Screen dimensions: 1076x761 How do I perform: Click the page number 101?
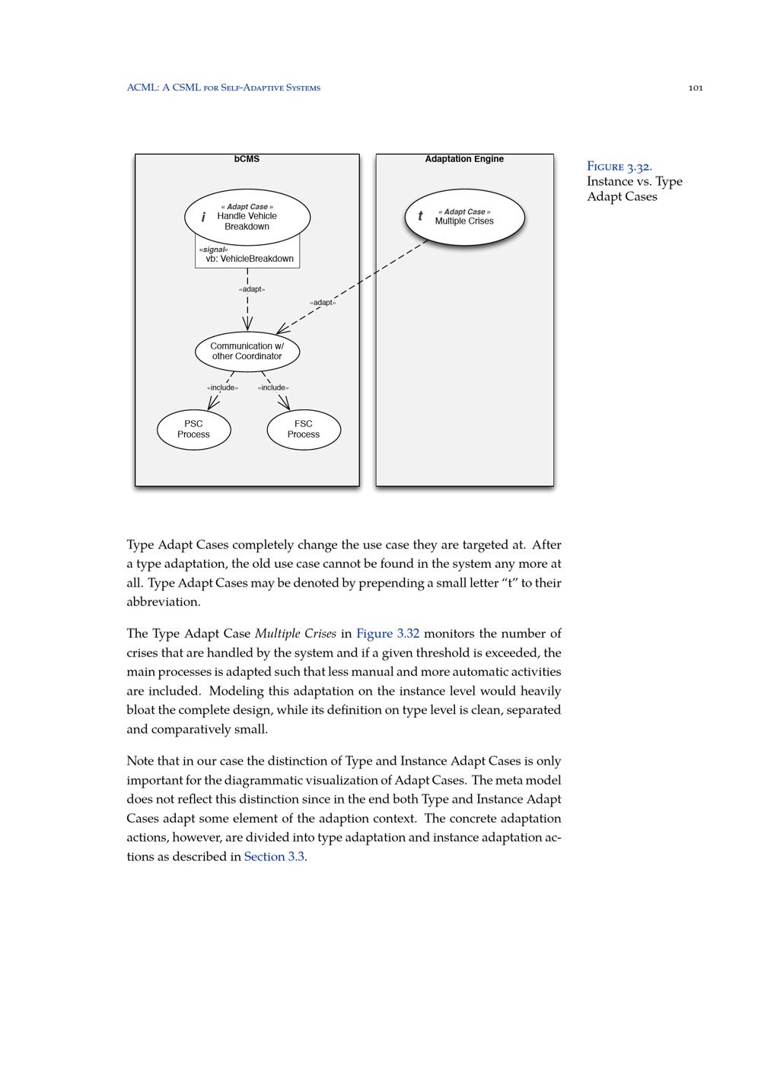695,88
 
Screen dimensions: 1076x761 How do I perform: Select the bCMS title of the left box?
247,159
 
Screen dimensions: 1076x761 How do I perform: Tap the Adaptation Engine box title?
464,159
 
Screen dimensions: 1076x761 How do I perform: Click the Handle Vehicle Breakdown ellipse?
247,217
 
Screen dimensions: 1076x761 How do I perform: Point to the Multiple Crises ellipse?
464,218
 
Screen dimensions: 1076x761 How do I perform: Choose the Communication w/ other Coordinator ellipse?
247,352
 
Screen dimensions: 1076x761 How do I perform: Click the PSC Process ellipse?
193,429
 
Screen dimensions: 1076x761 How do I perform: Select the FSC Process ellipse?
304,429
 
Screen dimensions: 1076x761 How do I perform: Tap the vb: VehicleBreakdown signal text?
250,259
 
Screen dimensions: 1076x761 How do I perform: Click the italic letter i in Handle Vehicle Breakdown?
203,218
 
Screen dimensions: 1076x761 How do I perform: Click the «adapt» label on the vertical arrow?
252,289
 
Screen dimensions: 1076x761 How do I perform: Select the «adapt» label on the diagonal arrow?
323,303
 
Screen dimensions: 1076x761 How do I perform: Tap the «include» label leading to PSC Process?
222,388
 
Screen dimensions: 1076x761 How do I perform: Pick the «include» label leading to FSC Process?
273,388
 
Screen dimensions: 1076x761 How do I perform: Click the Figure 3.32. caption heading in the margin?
619,167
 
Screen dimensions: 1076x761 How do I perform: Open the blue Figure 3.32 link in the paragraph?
387,634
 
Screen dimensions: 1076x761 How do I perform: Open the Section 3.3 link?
274,857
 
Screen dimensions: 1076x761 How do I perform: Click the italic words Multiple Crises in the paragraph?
295,634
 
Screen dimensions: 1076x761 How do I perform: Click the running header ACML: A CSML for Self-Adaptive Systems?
224,88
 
